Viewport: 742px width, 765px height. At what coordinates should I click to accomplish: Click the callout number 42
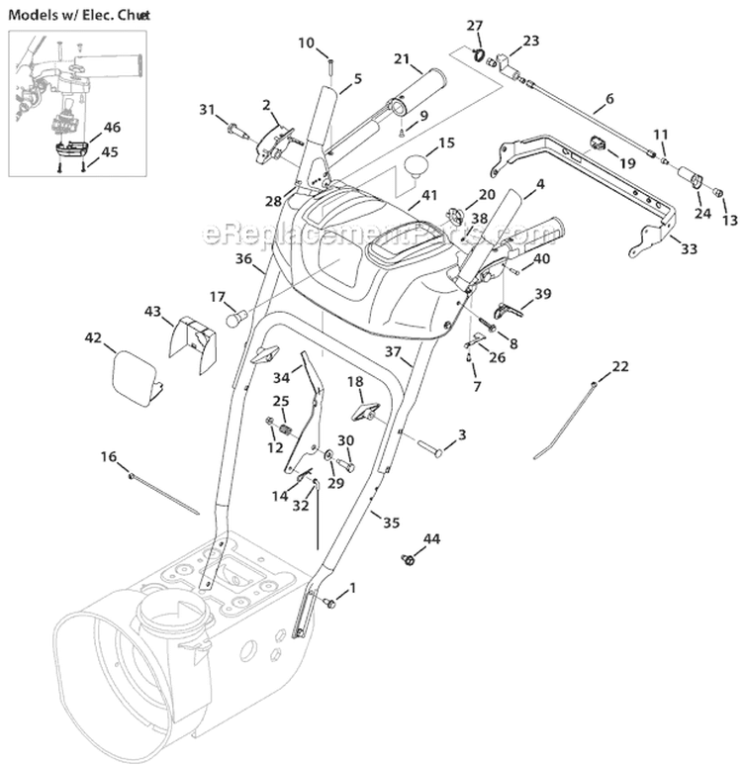coord(93,337)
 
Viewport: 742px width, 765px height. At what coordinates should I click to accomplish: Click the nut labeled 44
coord(407,561)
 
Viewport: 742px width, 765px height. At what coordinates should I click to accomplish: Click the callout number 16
coord(109,456)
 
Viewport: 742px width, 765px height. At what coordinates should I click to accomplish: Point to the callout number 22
coord(619,367)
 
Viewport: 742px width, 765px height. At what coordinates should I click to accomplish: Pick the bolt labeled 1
coord(330,602)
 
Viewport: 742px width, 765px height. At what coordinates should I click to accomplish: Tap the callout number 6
coord(608,100)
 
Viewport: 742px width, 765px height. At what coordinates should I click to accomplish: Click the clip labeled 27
coord(478,55)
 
